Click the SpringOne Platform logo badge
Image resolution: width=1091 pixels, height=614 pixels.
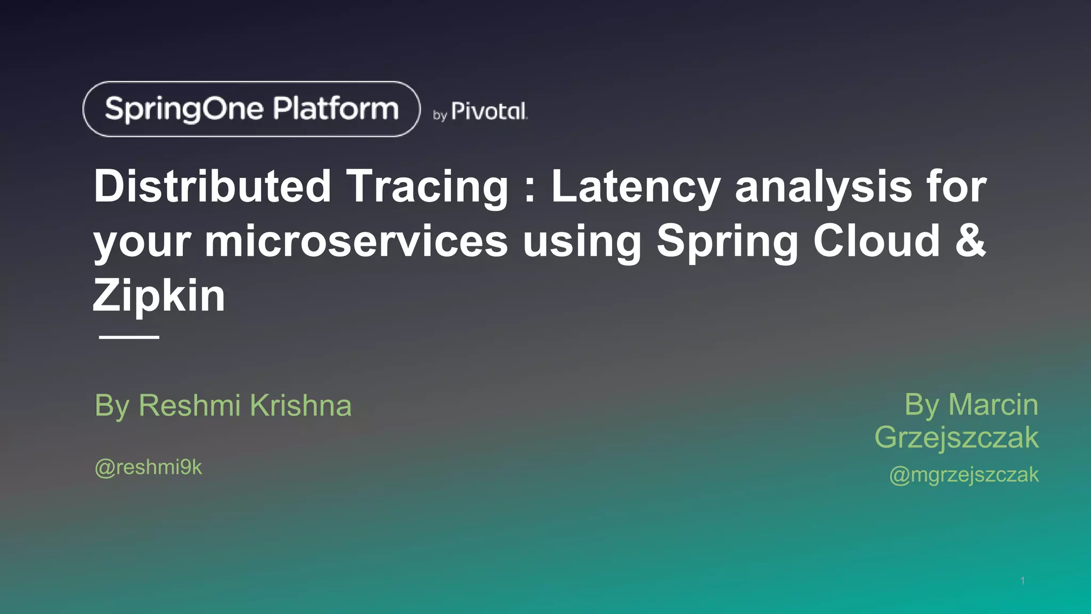pos(251,109)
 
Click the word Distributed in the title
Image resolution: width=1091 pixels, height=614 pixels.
pos(213,187)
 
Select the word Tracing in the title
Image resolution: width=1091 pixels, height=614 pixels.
pos(428,188)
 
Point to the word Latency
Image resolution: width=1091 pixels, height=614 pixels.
pos(636,188)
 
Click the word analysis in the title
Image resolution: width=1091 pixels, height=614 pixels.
pos(823,188)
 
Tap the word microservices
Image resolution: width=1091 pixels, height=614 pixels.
pos(356,241)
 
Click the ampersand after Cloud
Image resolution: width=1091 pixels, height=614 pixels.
pos(970,240)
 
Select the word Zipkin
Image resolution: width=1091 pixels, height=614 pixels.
pos(159,296)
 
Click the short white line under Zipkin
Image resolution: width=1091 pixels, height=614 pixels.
pos(129,337)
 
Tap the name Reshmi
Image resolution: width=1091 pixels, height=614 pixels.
pos(190,406)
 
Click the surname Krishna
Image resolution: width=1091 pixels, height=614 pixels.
pos(301,406)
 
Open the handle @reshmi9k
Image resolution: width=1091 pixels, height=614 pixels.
pos(148,467)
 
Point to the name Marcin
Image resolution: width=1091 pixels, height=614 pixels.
pos(993,405)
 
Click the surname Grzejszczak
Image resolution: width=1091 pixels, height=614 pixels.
pos(956,438)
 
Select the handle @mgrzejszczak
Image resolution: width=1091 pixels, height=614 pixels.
pos(964,474)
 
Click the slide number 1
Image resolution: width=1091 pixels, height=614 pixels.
pos(1022,580)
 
